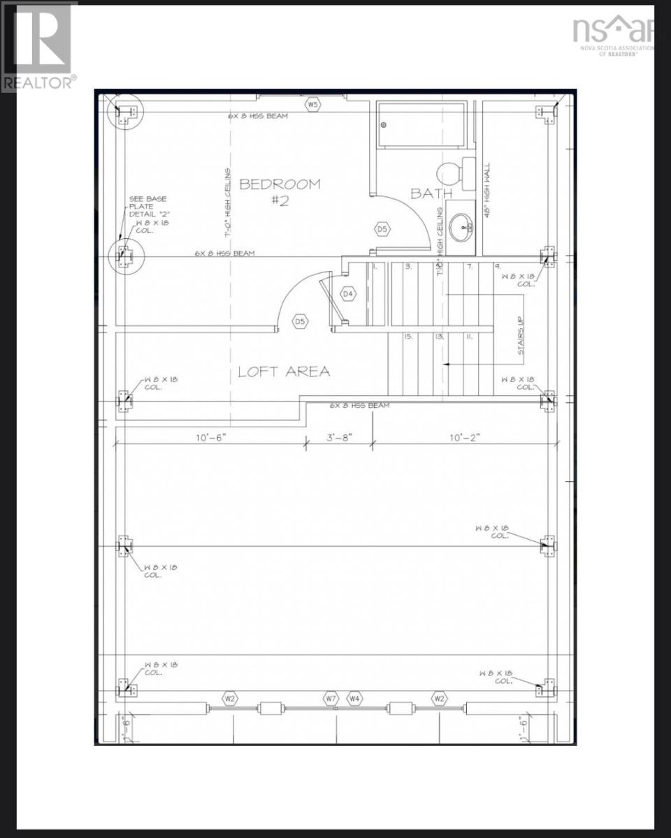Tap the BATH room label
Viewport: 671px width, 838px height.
click(431, 193)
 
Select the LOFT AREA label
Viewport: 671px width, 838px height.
click(284, 372)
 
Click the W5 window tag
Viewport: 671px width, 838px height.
click(312, 105)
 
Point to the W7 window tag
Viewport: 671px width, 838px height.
click(331, 698)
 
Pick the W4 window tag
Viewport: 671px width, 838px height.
click(355, 698)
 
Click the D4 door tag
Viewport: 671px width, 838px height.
click(348, 294)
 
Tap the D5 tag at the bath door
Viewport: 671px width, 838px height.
click(382, 228)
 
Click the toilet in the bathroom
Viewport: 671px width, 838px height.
click(449, 171)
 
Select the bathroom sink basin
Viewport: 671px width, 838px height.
click(459, 226)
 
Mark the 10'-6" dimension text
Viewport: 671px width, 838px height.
click(211, 438)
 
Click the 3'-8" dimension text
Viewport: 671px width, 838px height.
click(339, 438)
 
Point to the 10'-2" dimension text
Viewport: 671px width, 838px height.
click(464, 438)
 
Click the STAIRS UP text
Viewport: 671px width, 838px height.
click(521, 336)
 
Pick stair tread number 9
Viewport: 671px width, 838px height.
click(497, 266)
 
